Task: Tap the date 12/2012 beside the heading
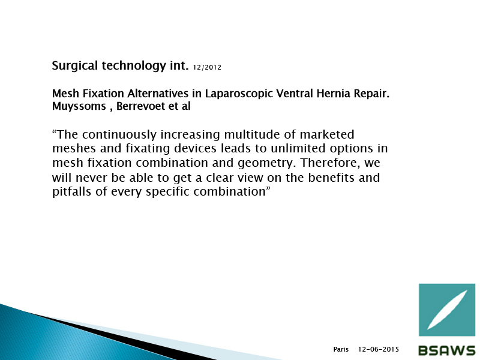click(x=207, y=67)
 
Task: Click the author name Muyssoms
click(x=79, y=107)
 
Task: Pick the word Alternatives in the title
click(x=158, y=93)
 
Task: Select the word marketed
click(x=327, y=134)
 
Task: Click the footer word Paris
click(x=341, y=349)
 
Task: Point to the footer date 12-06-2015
click(x=379, y=349)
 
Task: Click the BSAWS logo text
click(x=446, y=350)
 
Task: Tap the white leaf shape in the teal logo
click(x=447, y=310)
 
